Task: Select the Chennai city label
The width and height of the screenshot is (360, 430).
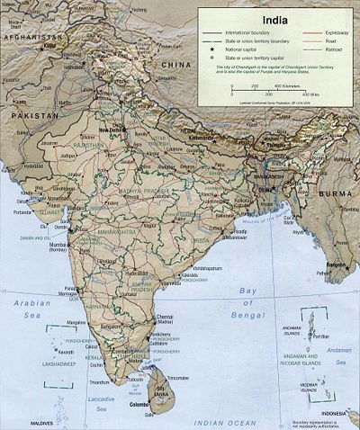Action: coord(166,318)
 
